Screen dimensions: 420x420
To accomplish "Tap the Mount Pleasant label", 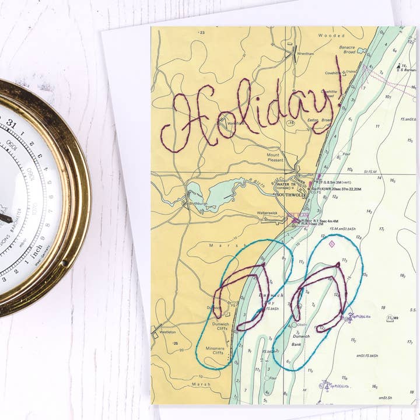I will [273, 157].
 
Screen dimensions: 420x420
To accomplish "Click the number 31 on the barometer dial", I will [11, 123].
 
